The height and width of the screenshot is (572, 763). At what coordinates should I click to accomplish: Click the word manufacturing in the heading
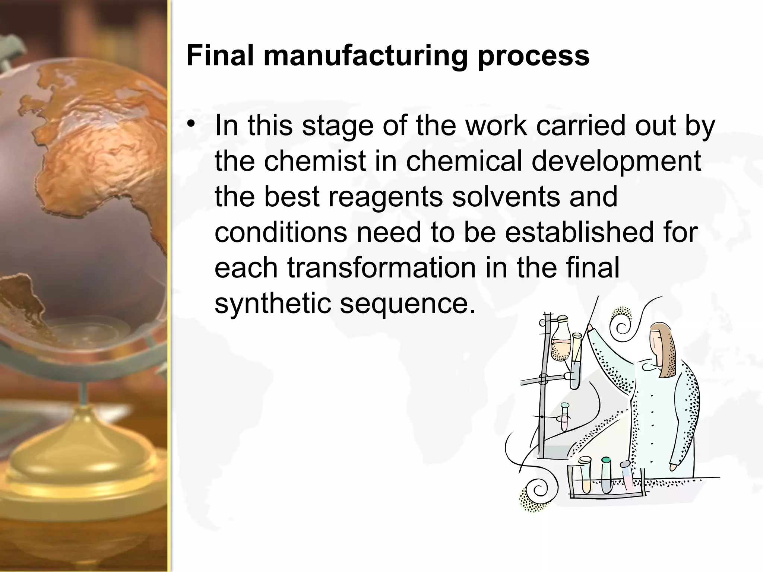click(x=365, y=56)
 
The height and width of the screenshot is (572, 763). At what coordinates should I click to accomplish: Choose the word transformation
click(x=381, y=268)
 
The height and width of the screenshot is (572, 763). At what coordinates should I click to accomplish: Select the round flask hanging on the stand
click(x=561, y=341)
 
